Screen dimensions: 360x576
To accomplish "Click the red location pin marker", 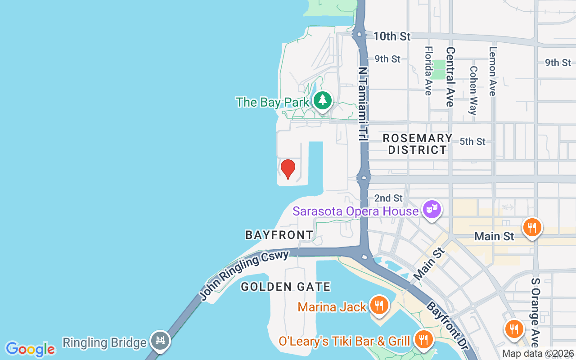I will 288,169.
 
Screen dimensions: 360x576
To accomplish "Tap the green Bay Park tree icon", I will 322,100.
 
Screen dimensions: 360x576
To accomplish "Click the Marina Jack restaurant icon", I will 379,306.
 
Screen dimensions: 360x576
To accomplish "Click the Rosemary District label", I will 417,144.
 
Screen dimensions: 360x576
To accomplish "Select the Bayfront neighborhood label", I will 279,234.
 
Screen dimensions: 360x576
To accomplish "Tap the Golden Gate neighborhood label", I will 286,287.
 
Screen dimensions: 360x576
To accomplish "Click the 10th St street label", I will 392,36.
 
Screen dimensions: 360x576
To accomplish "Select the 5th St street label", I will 472,141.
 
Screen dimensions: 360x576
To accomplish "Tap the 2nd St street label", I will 388,198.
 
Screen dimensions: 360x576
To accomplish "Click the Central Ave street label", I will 450,77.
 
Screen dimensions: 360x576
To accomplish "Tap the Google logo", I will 30,349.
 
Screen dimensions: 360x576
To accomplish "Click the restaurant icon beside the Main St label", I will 532,227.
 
